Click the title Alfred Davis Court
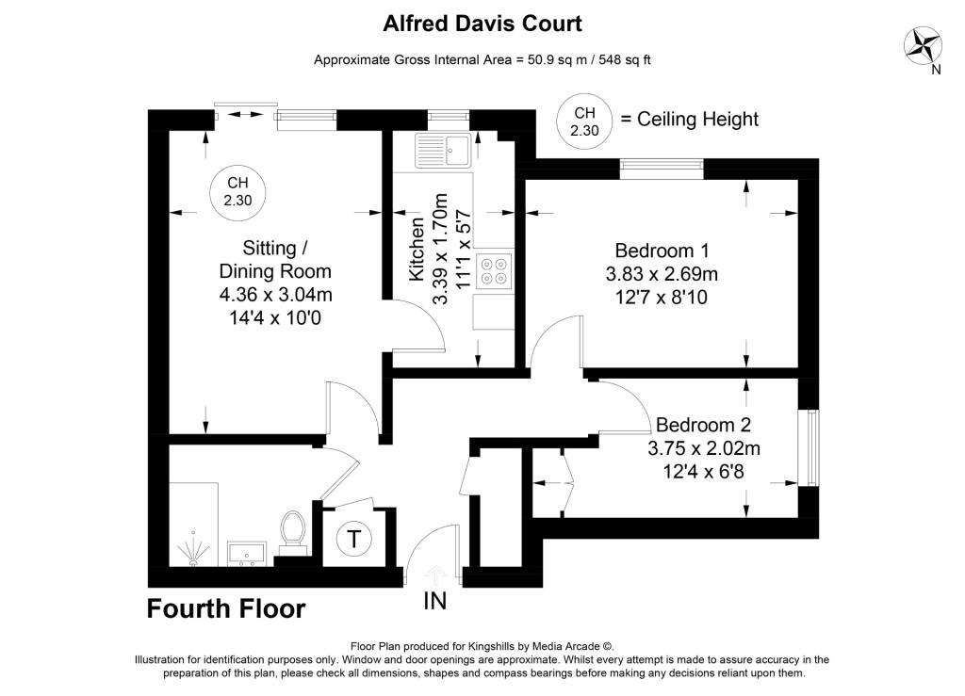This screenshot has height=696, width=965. click(482, 23)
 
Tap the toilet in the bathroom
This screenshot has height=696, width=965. click(293, 529)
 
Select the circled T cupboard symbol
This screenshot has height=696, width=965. click(353, 540)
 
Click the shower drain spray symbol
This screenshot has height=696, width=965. click(194, 551)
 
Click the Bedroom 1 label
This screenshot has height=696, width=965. click(662, 251)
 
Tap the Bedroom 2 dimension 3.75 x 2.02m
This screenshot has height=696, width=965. click(703, 448)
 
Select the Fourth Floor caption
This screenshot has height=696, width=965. click(226, 609)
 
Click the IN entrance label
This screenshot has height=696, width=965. click(435, 600)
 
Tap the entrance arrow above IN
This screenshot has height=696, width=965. click(435, 572)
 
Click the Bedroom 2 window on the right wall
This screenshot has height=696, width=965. click(808, 447)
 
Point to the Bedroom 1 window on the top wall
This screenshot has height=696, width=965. click(662, 169)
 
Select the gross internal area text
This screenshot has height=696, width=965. click(482, 59)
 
